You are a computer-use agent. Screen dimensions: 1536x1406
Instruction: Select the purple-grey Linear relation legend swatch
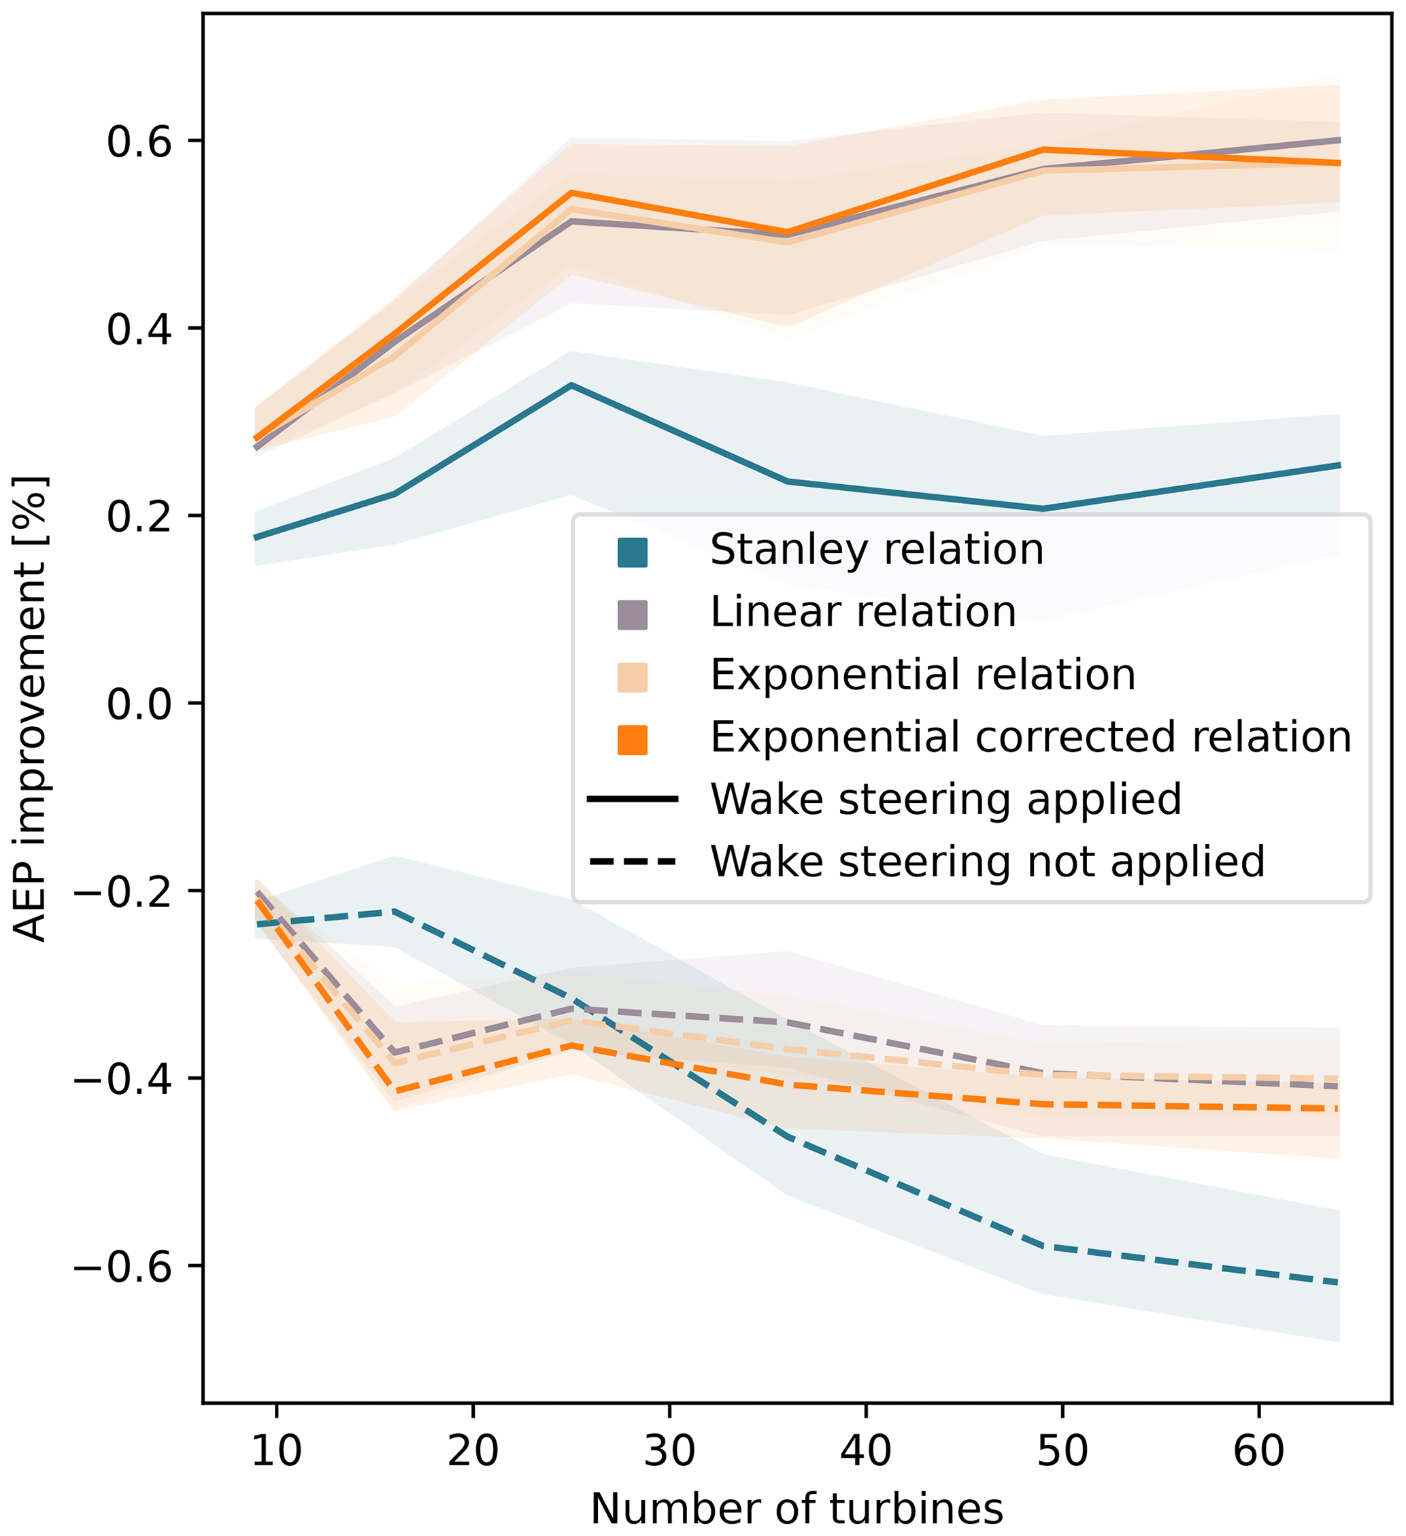click(633, 615)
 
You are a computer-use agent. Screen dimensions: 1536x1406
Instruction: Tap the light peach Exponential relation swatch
click(633, 677)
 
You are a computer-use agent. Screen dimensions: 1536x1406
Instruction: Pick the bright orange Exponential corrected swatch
click(633, 740)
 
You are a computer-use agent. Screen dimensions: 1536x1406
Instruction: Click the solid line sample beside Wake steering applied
click(633, 799)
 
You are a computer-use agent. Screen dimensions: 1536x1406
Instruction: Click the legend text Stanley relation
click(876, 550)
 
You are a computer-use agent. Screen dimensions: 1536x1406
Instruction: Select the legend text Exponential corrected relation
click(1031, 738)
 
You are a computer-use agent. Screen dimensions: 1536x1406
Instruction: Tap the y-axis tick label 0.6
click(140, 141)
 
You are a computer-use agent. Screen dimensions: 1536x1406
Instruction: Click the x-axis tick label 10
click(277, 1452)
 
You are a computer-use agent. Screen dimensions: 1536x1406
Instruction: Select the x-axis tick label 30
click(669, 1452)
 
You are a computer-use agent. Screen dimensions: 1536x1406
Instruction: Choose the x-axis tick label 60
click(1258, 1452)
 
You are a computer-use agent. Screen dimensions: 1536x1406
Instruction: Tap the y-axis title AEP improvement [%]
click(31, 709)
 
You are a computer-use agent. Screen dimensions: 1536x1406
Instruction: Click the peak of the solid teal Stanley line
click(571, 386)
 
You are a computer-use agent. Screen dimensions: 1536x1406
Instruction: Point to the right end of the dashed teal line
click(1338, 1284)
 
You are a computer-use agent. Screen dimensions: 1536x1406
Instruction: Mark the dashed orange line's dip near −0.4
click(395, 1093)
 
